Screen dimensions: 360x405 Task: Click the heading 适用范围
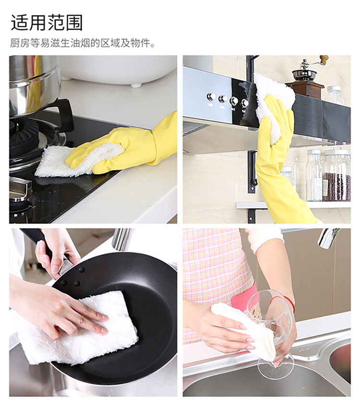click(x=47, y=23)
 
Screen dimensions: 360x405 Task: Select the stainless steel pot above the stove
click(x=32, y=83)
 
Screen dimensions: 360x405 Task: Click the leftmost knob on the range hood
click(x=211, y=97)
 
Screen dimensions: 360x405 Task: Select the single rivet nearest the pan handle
click(x=82, y=270)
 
